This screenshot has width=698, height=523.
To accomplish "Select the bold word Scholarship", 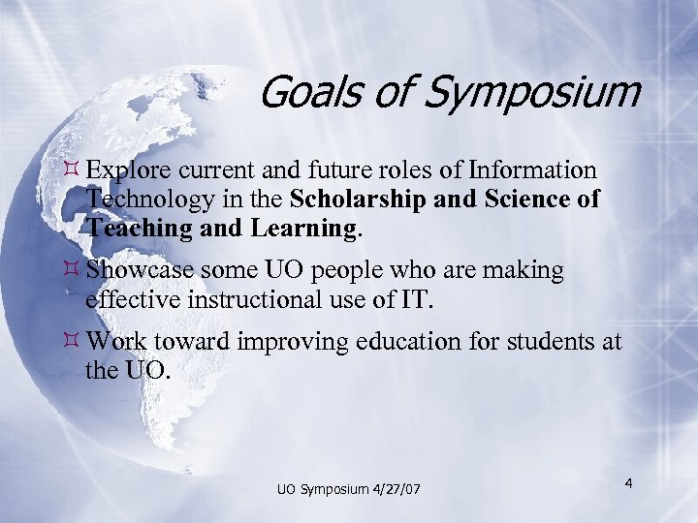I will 362,200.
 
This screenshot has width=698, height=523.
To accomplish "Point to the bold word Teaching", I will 132,229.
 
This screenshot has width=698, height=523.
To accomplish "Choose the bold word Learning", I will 300,230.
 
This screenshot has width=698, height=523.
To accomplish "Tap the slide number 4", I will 628,482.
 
